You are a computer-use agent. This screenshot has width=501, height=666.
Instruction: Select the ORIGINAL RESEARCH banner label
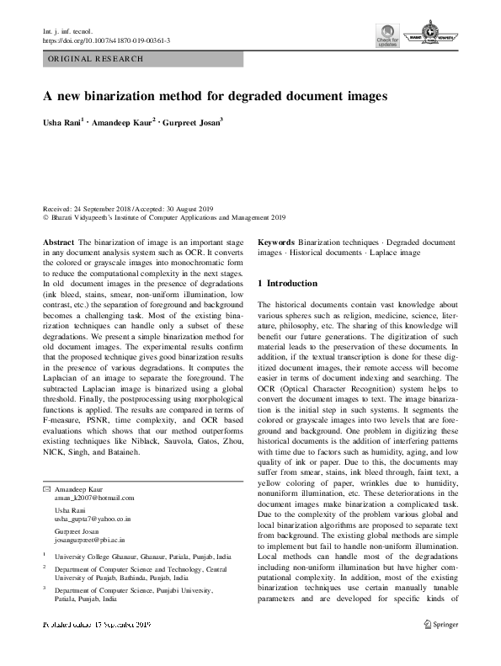96,59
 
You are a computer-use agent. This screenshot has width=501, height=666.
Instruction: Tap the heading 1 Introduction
287,283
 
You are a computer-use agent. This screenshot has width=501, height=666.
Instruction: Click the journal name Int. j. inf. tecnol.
69,30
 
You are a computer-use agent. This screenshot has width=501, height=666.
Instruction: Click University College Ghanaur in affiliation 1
96,557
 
